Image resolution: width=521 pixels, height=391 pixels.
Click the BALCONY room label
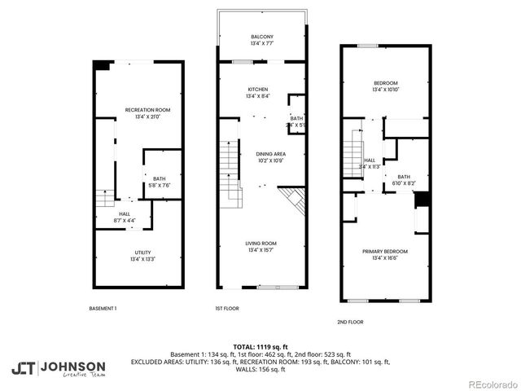(261, 37)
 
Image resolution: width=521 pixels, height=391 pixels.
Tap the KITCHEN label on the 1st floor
(258, 90)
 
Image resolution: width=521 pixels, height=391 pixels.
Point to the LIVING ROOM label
(261, 243)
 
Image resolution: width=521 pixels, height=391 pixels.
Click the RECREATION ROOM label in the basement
(147, 110)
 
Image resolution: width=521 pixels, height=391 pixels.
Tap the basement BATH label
(160, 178)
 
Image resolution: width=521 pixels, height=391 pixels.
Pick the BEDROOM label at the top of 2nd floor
(385, 83)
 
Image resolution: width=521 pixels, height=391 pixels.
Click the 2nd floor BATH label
(404, 177)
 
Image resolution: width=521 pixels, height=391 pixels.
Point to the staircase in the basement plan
(104, 198)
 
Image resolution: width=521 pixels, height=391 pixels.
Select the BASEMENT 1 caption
(103, 308)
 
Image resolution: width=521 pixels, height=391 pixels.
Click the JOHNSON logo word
(72, 366)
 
